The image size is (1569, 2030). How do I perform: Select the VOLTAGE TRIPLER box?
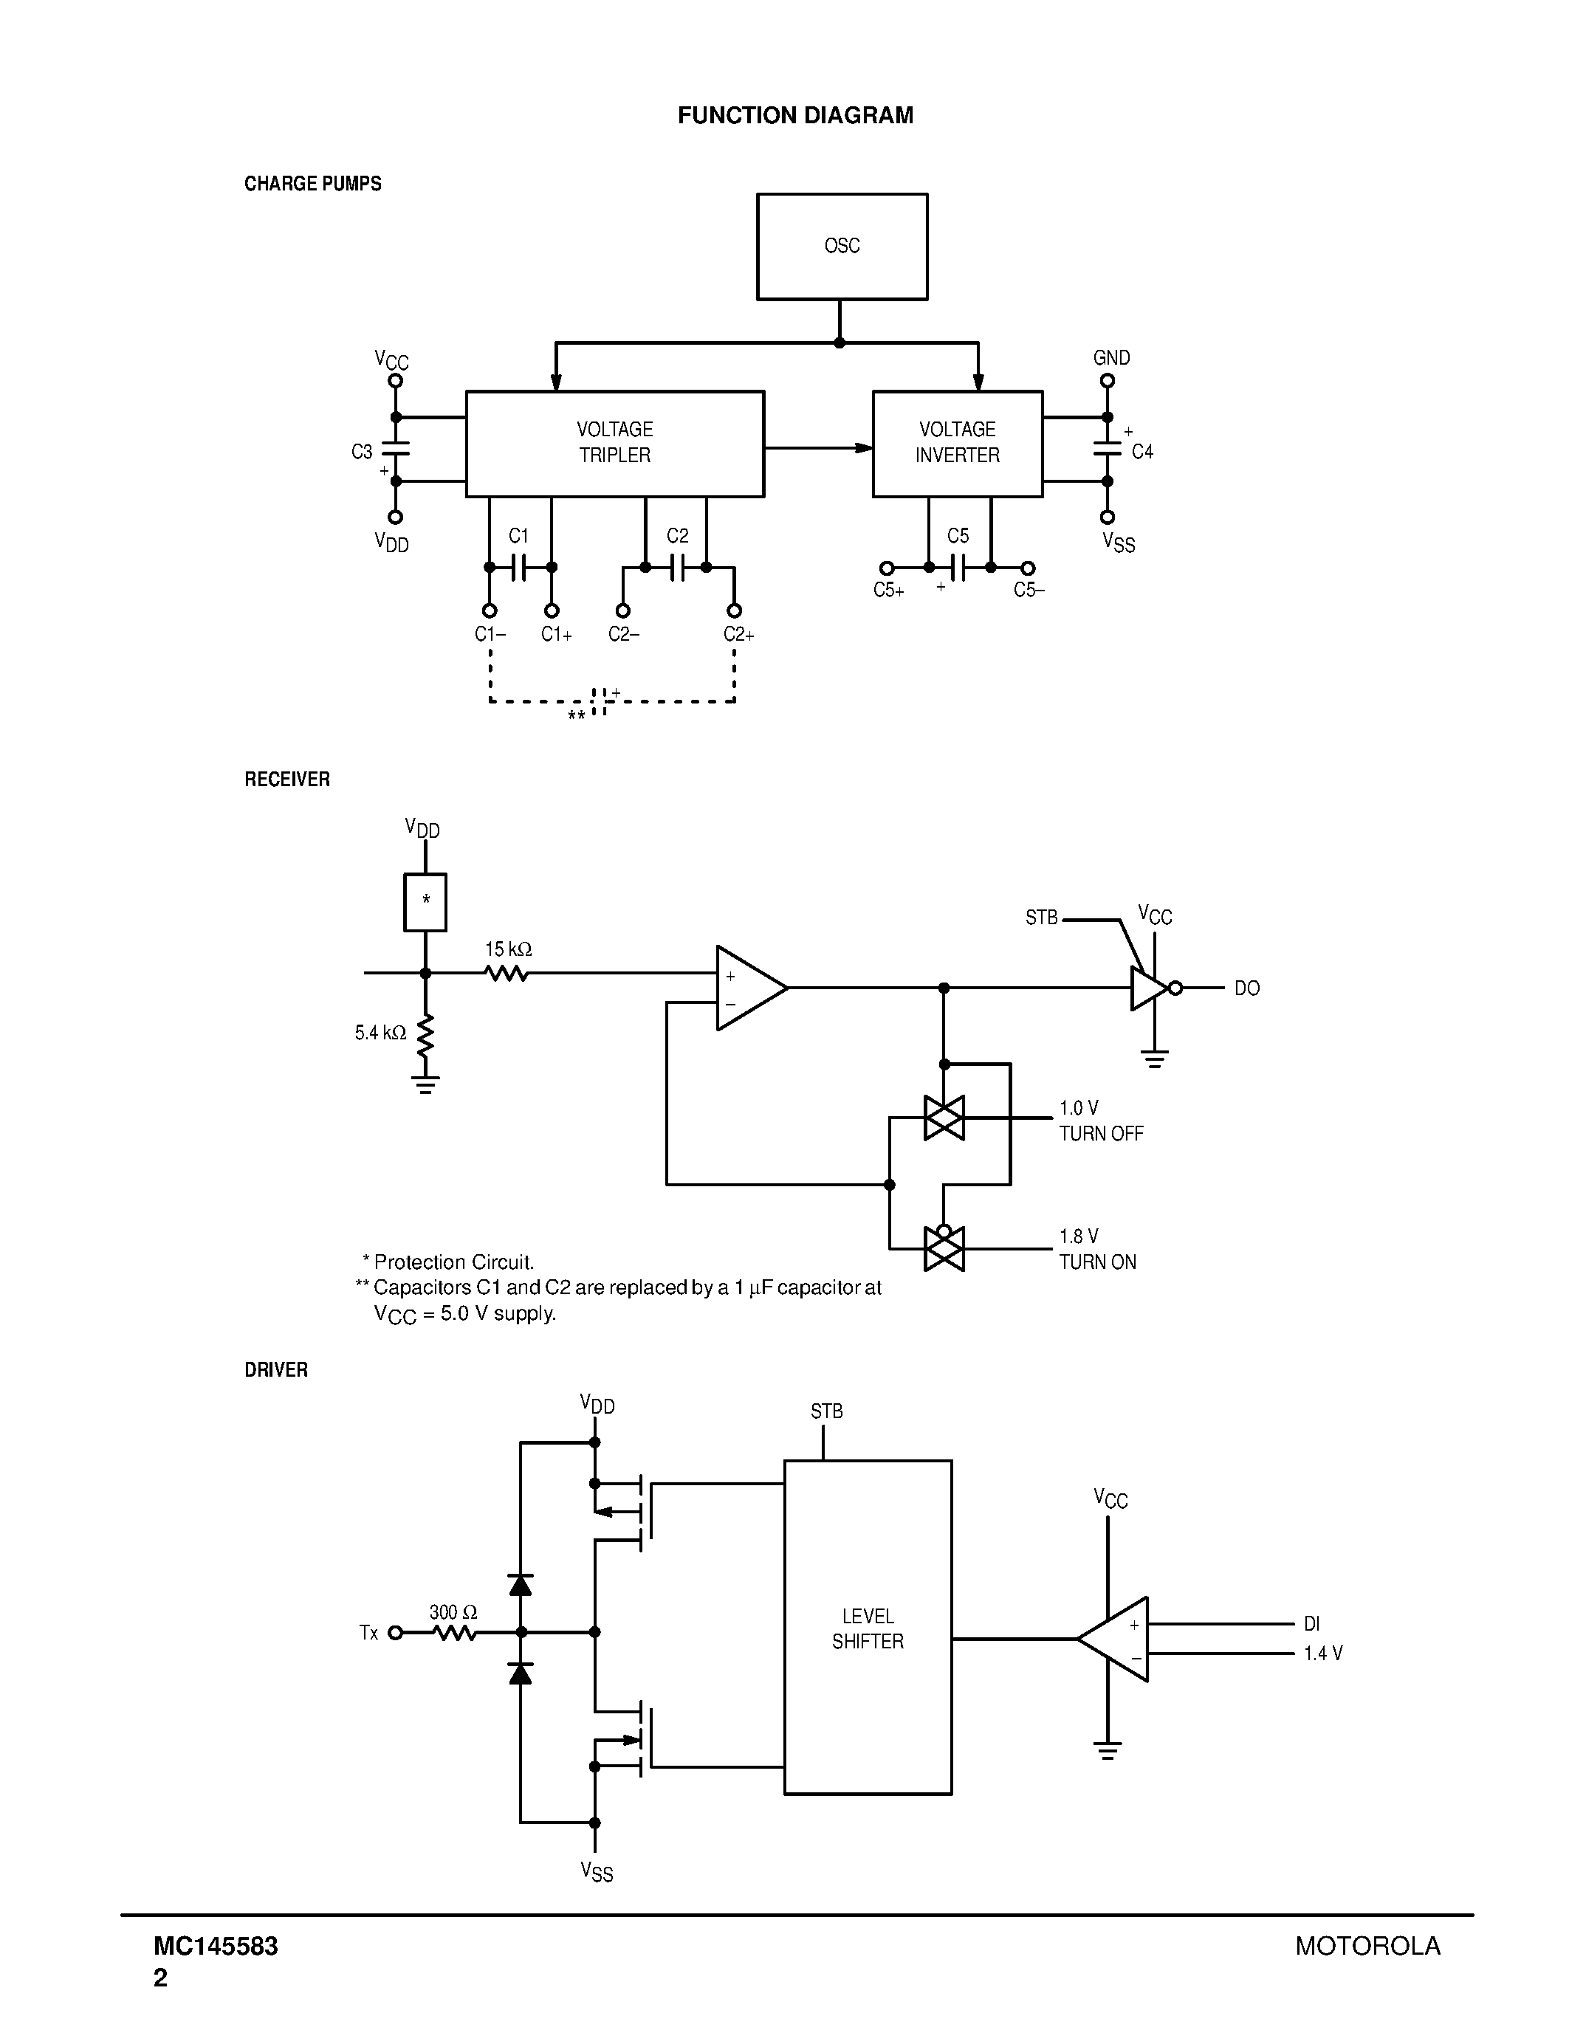click(x=614, y=444)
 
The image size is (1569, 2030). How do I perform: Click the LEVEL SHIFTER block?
click(x=868, y=1628)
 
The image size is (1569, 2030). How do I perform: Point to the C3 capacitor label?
click(x=362, y=452)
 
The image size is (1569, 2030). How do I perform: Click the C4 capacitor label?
click(x=1141, y=452)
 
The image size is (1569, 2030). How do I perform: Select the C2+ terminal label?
click(x=738, y=635)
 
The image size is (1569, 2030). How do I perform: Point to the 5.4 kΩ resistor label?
click(x=380, y=1033)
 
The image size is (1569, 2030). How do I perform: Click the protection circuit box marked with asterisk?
click(x=425, y=901)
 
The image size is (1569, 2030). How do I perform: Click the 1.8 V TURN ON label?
click(x=1096, y=1249)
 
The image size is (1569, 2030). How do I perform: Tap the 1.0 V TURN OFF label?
click(x=1101, y=1121)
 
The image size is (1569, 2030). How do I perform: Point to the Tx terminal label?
click(x=368, y=1633)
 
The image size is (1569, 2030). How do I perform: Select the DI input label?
click(x=1311, y=1624)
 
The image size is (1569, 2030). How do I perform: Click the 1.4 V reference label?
click(x=1322, y=1654)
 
